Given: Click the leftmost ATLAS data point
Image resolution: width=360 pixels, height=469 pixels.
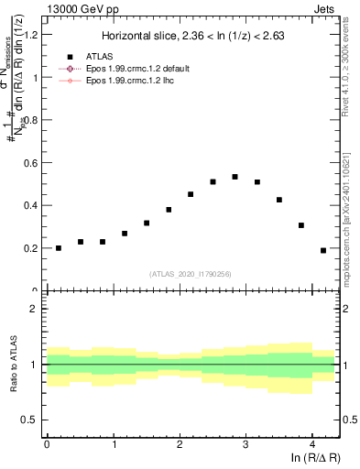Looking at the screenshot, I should point(59,247).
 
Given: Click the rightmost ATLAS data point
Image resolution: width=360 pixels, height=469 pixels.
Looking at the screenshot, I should point(322,250).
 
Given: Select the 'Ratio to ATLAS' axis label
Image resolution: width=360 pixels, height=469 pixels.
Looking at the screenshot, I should point(15,365).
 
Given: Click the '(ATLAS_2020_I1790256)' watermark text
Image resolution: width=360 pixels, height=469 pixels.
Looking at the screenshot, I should point(191,273).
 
